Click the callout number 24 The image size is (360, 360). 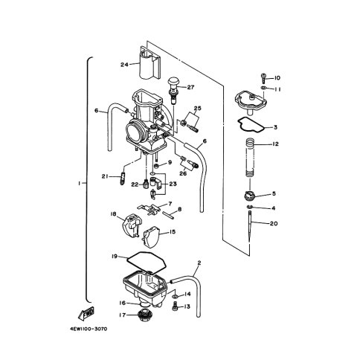[124, 65]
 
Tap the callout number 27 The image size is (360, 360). [190, 87]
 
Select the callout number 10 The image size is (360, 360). [277, 78]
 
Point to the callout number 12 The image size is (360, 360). [275, 144]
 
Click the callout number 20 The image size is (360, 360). [274, 223]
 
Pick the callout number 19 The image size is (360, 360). [115, 257]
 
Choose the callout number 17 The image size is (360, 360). [123, 315]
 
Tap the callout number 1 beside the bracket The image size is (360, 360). [79, 183]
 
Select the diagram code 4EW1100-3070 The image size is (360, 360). [89, 330]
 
